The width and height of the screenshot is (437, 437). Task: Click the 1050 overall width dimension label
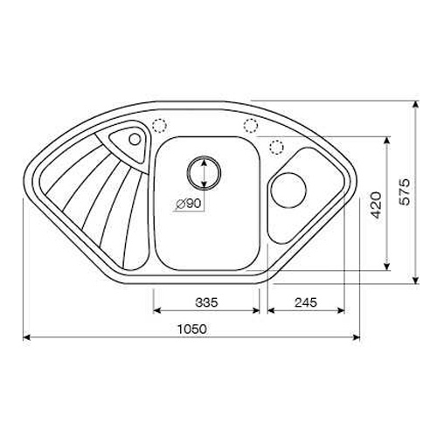[x=192, y=329]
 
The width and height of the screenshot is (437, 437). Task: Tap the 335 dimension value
[x=206, y=302]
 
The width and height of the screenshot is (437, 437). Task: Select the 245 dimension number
[x=306, y=302]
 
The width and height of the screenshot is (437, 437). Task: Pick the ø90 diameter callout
[x=189, y=204]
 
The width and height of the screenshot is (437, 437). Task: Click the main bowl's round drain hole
[x=204, y=173]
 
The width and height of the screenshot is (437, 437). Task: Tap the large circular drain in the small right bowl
[x=288, y=191]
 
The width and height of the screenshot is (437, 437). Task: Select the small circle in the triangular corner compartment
[x=135, y=139]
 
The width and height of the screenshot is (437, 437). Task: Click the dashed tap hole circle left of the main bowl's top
[x=159, y=126]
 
